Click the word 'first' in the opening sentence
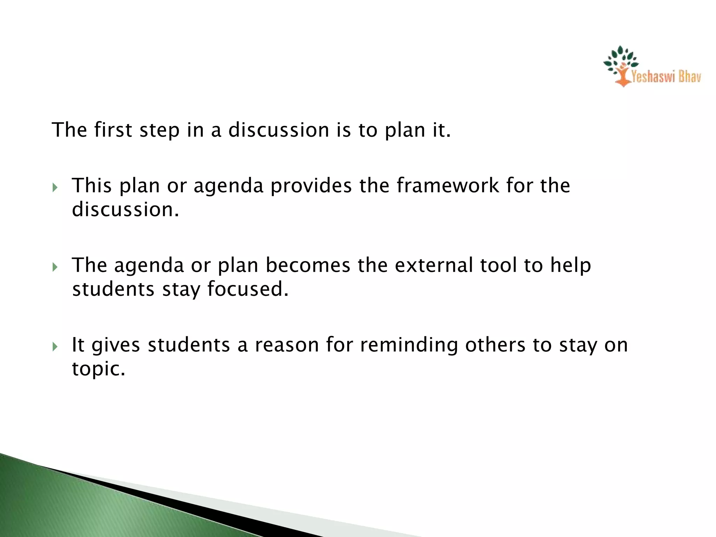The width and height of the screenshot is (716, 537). pos(113,130)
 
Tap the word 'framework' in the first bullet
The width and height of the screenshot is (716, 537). pos(448,185)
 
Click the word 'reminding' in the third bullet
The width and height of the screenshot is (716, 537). pos(409,345)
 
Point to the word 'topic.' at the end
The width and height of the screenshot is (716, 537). pos(99,369)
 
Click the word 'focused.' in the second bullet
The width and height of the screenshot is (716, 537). pos(248,289)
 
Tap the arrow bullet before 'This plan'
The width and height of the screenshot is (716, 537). pos(55,187)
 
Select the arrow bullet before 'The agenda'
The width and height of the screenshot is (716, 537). pos(55,267)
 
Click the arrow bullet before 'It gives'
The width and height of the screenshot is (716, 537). pos(55,347)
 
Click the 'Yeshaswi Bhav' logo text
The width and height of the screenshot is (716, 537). pos(666,77)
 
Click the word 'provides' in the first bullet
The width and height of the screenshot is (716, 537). pos(311,185)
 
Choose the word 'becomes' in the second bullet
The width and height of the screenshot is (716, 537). pos(308,265)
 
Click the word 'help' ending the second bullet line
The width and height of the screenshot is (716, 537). pos(571,265)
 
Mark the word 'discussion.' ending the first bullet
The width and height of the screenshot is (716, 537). pos(125,209)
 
